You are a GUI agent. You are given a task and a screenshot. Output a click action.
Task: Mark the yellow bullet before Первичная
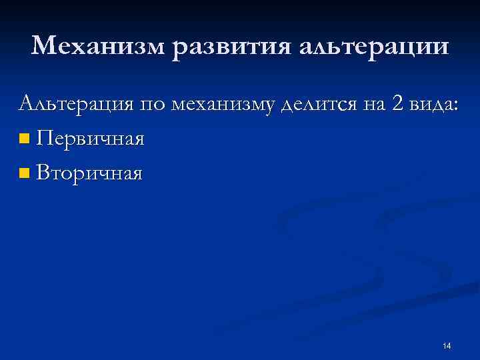click(25, 139)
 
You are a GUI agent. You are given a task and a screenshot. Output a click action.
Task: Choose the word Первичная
click(91, 139)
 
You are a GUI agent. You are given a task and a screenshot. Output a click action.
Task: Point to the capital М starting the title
click(44, 46)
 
